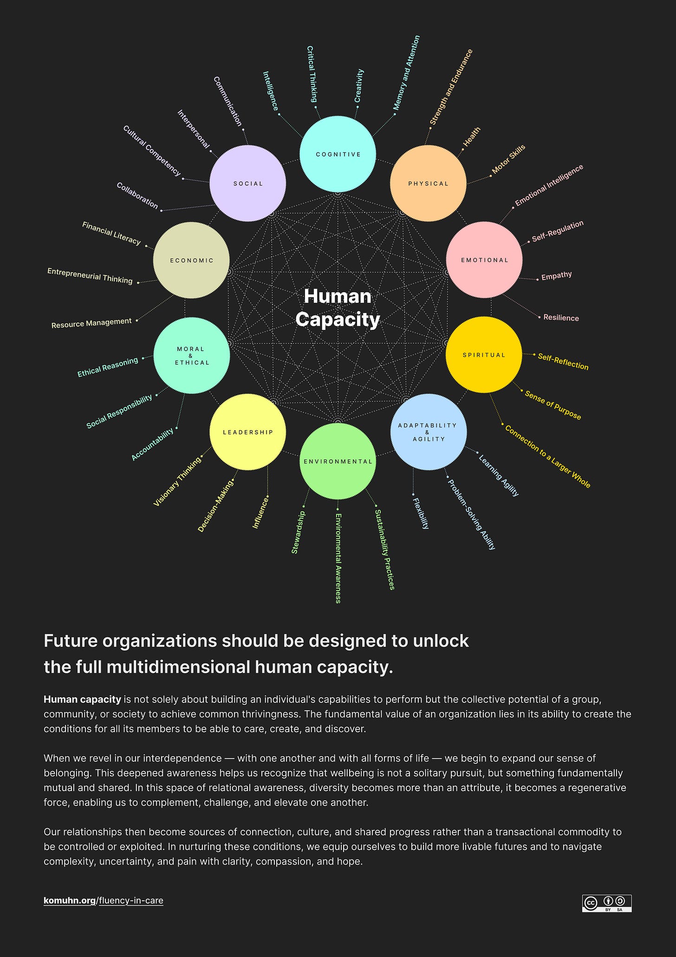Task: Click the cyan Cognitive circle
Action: pyautogui.click(x=338, y=154)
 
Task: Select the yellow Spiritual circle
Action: pyautogui.click(x=483, y=354)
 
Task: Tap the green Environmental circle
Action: pyautogui.click(x=338, y=461)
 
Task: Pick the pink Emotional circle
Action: pyautogui.click(x=484, y=260)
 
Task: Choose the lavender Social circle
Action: pyautogui.click(x=247, y=184)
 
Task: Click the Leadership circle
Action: pyautogui.click(x=247, y=432)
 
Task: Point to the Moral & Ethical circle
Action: pyautogui.click(x=192, y=355)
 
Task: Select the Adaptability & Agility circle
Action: pyautogui.click(x=428, y=432)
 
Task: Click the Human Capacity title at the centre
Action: pyautogui.click(x=338, y=308)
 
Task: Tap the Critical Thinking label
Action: pyautogui.click(x=312, y=74)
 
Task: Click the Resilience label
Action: pyautogui.click(x=561, y=318)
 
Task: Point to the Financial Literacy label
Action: pyautogui.click(x=111, y=233)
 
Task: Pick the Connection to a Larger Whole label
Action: pyautogui.click(x=547, y=457)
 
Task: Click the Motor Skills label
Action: pyautogui.click(x=508, y=159)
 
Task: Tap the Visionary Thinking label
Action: pyautogui.click(x=177, y=481)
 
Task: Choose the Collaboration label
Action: pyautogui.click(x=137, y=196)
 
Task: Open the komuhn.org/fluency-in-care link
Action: pyautogui.click(x=104, y=900)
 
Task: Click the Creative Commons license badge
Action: pyautogui.click(x=606, y=903)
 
